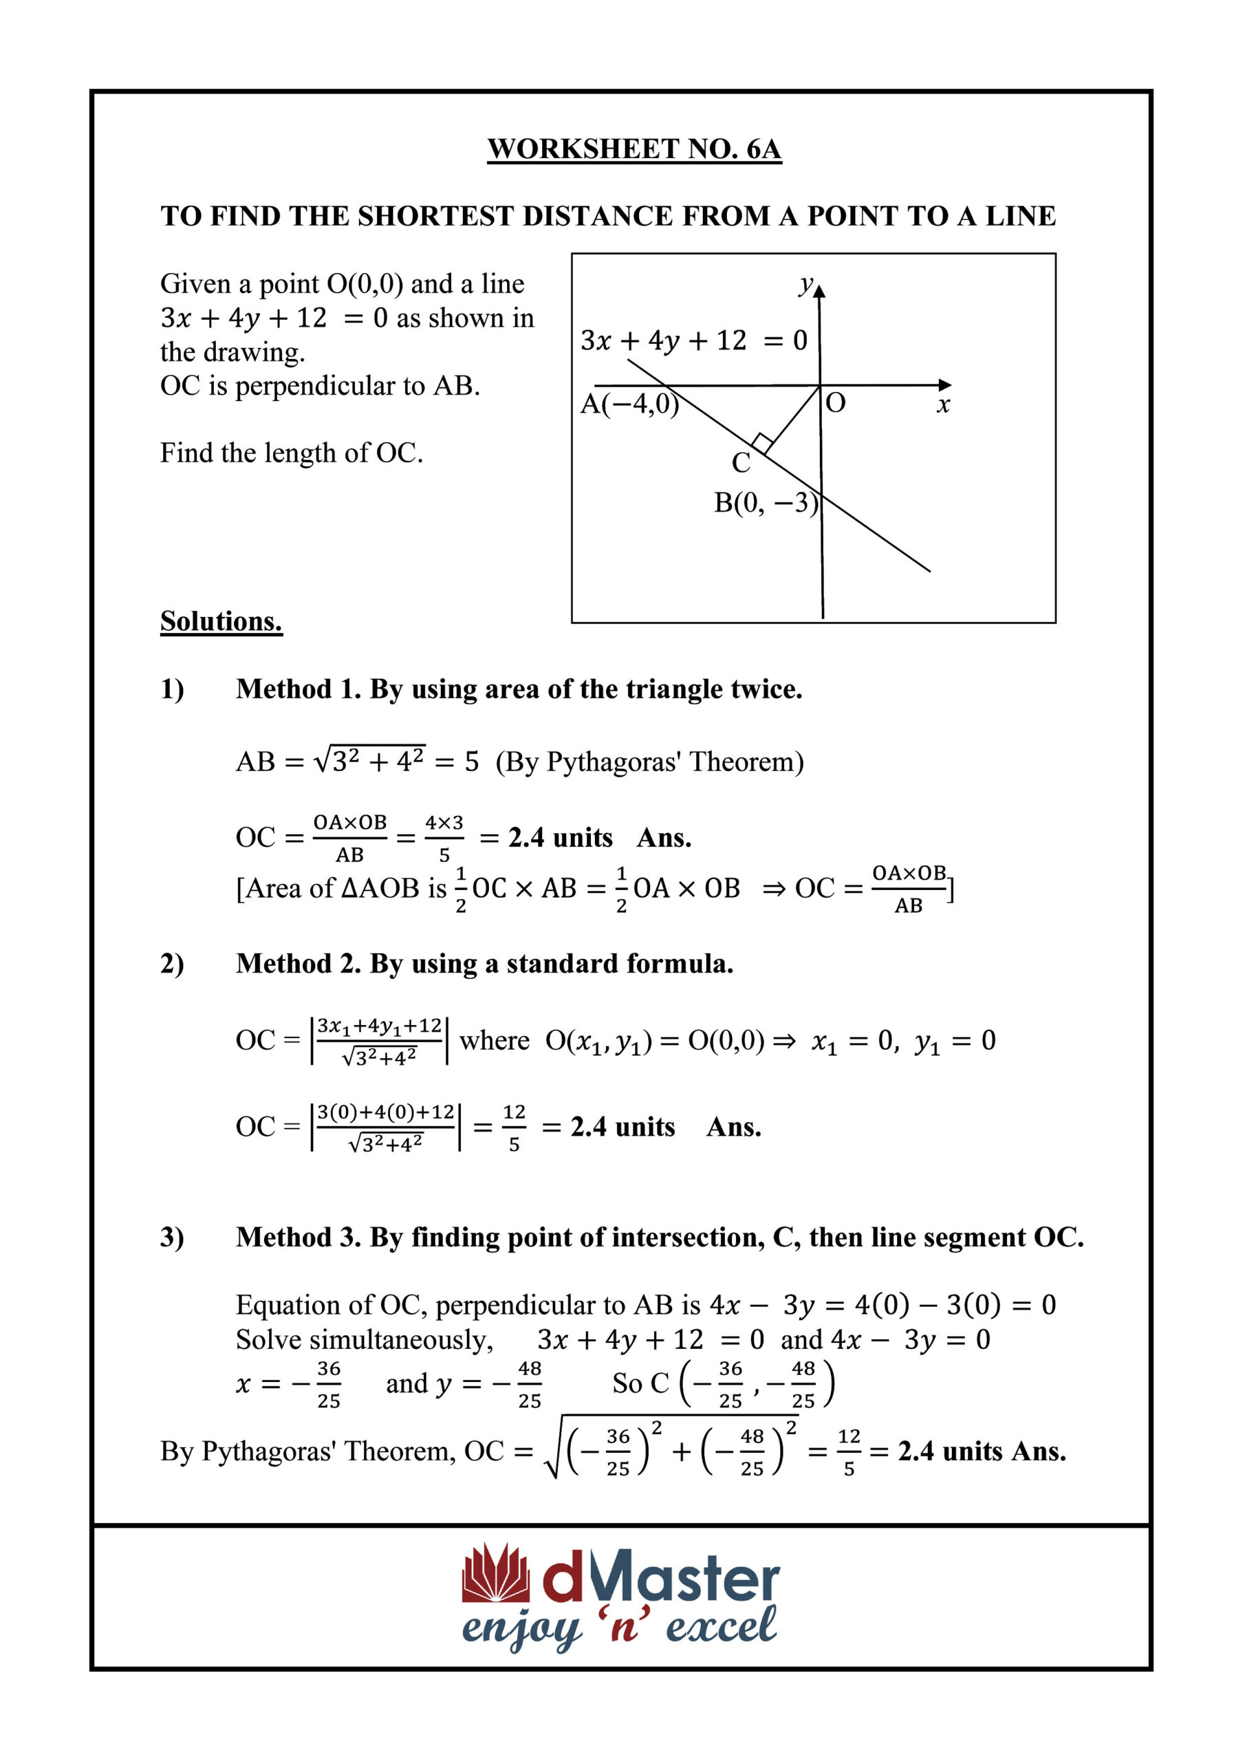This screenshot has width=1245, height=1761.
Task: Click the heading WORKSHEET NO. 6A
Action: point(634,149)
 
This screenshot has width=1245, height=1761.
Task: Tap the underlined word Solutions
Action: point(221,621)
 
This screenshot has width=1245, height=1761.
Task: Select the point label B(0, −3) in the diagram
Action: point(766,503)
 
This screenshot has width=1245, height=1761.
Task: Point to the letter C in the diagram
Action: point(740,462)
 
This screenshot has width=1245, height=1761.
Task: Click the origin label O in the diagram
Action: point(835,402)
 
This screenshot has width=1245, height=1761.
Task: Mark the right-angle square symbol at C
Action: point(761,443)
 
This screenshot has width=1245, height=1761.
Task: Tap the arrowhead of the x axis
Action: point(945,385)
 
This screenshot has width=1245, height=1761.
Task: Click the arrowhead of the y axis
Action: point(819,291)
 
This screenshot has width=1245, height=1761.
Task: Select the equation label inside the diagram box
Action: point(693,340)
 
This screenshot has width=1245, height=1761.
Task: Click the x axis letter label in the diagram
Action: point(943,405)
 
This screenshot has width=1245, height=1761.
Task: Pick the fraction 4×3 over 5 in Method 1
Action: point(444,838)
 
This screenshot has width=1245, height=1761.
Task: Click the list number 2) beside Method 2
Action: point(172,963)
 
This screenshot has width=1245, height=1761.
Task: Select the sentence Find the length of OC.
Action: point(292,453)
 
